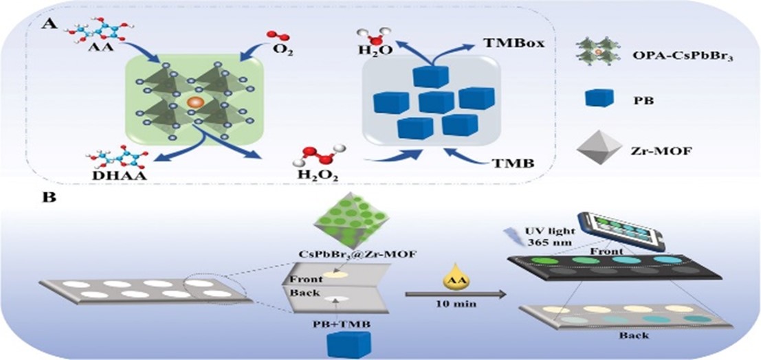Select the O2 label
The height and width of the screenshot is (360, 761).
click(x=283, y=49)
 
